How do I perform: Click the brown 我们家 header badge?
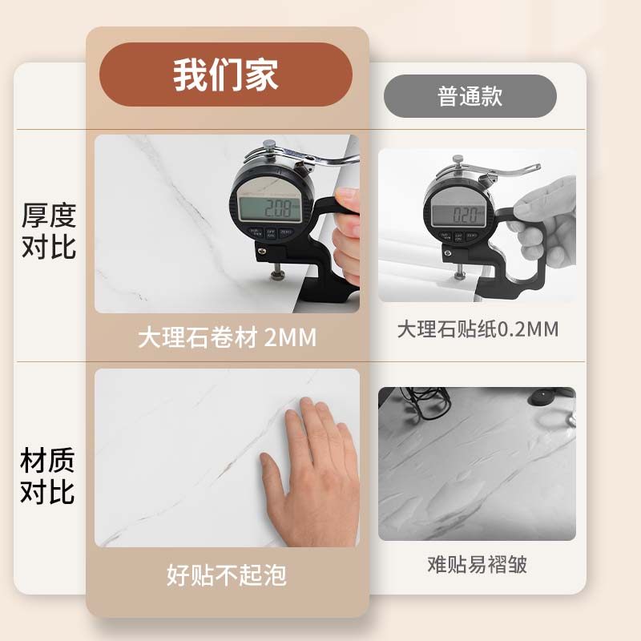point(225,75)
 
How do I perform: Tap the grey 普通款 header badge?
point(470,97)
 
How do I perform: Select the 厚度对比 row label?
point(48,231)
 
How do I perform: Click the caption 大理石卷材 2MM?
point(227,337)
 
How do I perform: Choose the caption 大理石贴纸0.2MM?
point(478,329)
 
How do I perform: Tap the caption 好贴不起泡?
point(227,574)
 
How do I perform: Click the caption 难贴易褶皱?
point(478,564)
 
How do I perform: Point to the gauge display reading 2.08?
point(269,210)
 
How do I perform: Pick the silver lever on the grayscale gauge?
point(505,170)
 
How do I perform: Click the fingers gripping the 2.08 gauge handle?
point(347,232)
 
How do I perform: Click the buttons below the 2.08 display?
point(271,234)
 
